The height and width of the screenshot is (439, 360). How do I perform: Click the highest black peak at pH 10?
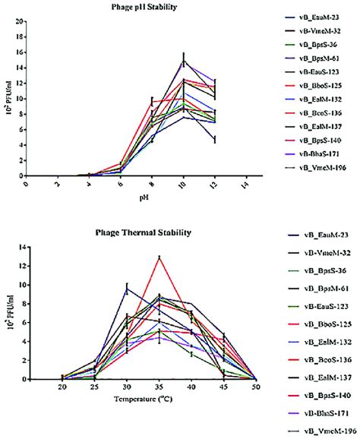pyautogui.click(x=184, y=61)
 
